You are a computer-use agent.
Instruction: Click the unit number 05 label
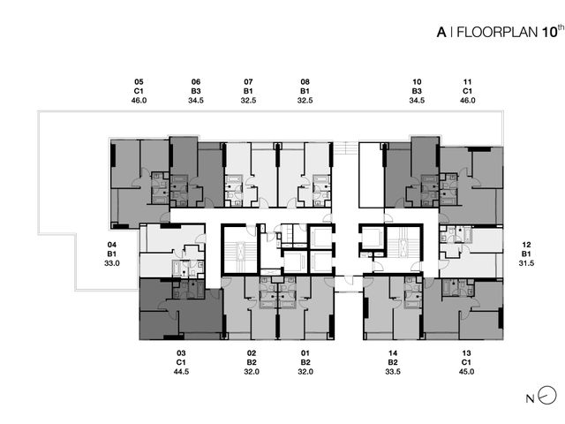(139, 82)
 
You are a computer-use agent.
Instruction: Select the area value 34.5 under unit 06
(196, 101)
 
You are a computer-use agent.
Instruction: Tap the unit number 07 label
(248, 82)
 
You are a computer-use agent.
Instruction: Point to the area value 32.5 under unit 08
(305, 101)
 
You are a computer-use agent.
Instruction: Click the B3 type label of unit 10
(417, 91)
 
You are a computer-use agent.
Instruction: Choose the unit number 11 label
(467, 82)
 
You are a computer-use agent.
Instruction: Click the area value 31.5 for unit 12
(526, 263)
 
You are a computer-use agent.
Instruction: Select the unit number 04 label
(112, 245)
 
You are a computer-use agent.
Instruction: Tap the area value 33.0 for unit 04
(112, 263)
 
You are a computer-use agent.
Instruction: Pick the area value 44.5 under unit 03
(181, 372)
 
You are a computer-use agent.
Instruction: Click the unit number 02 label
(252, 353)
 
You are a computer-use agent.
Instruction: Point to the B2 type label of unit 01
(305, 362)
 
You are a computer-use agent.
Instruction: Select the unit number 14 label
(393, 353)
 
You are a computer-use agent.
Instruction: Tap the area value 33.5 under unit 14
(393, 372)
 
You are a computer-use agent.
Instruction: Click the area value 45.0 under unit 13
(466, 372)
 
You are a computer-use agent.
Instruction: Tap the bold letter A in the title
(441, 33)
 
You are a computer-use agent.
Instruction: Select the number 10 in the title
(548, 33)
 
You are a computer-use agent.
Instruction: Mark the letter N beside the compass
(530, 398)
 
